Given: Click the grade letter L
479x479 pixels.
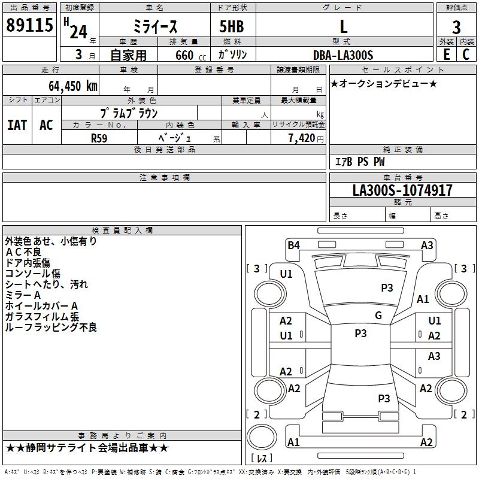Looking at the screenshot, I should pos(343,26).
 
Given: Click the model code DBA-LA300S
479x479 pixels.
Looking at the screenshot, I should pos(343,55).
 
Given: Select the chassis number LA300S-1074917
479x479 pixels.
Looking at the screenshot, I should pos(402,190).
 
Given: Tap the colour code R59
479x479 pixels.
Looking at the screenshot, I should pos(99,138).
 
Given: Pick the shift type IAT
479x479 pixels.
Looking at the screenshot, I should pos(17,125).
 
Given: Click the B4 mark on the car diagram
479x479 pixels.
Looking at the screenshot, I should pos(293,245).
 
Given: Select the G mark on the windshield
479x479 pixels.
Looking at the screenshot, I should pos(378,316).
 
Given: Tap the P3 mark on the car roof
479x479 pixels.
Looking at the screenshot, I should pos(360,334).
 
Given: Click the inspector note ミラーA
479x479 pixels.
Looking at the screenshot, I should pos(23,295).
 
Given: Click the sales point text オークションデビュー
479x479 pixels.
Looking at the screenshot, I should pos(383,83).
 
